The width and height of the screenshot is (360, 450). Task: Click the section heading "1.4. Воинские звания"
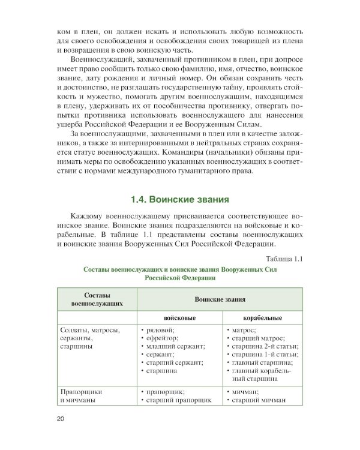(x=180, y=199)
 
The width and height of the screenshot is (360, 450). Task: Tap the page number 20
(x=61, y=418)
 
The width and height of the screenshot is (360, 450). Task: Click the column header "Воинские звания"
(x=220, y=298)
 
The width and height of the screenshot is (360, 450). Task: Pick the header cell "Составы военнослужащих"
(x=97, y=298)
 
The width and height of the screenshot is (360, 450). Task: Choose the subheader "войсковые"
(x=176, y=317)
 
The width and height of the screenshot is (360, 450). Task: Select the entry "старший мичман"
(x=259, y=400)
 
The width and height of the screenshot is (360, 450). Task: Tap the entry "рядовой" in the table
(x=159, y=329)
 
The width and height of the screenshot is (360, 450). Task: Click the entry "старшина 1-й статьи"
(x=263, y=354)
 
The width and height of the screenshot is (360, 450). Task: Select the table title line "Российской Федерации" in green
(x=179, y=278)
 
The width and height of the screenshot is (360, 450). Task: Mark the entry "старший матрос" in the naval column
(x=259, y=338)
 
